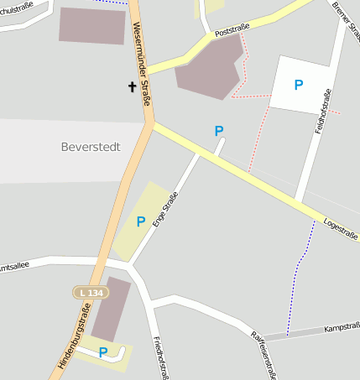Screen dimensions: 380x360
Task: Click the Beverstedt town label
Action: pyautogui.click(x=91, y=147)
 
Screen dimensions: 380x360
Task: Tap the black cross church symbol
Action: pyautogui.click(x=132, y=86)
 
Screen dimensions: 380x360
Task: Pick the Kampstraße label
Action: pyautogui.click(x=341, y=325)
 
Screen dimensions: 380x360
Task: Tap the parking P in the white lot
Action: pyautogui.click(x=298, y=85)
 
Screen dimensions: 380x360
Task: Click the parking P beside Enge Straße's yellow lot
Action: pyautogui.click(x=141, y=221)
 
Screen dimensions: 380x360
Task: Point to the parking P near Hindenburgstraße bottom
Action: pyautogui.click(x=103, y=353)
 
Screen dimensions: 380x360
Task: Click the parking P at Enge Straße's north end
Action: pyautogui.click(x=219, y=131)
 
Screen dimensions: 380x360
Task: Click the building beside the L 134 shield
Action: pyautogui.click(x=111, y=309)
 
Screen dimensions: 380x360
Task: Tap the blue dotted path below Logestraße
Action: pyautogui.click(x=297, y=277)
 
